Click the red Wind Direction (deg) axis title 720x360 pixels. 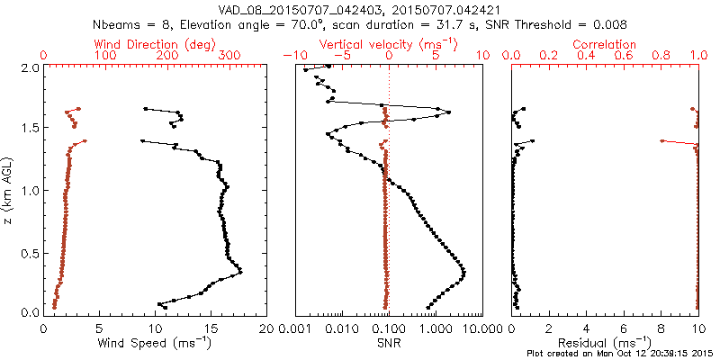(156, 44)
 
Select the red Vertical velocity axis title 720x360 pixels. (388, 44)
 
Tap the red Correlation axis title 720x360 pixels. (605, 44)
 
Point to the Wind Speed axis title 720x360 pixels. (156, 343)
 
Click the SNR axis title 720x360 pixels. (388, 343)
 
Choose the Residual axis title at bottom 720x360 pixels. (605, 343)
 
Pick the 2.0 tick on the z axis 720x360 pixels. (29, 67)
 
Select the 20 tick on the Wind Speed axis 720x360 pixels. (266, 328)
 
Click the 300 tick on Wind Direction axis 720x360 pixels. (229, 56)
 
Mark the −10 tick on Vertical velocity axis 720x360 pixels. (292, 56)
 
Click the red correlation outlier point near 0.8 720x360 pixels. (662, 140)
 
